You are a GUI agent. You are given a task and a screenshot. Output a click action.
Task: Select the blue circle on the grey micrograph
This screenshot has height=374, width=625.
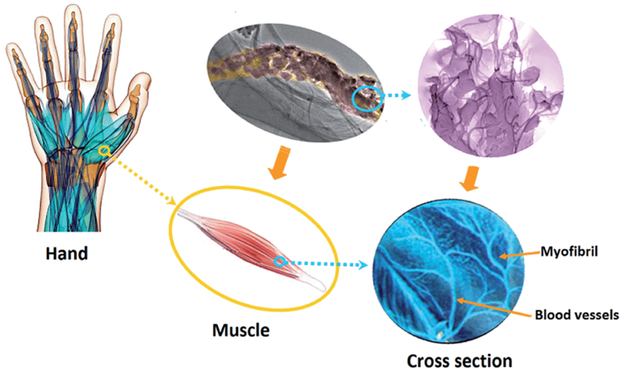pyautogui.click(x=366, y=99)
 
